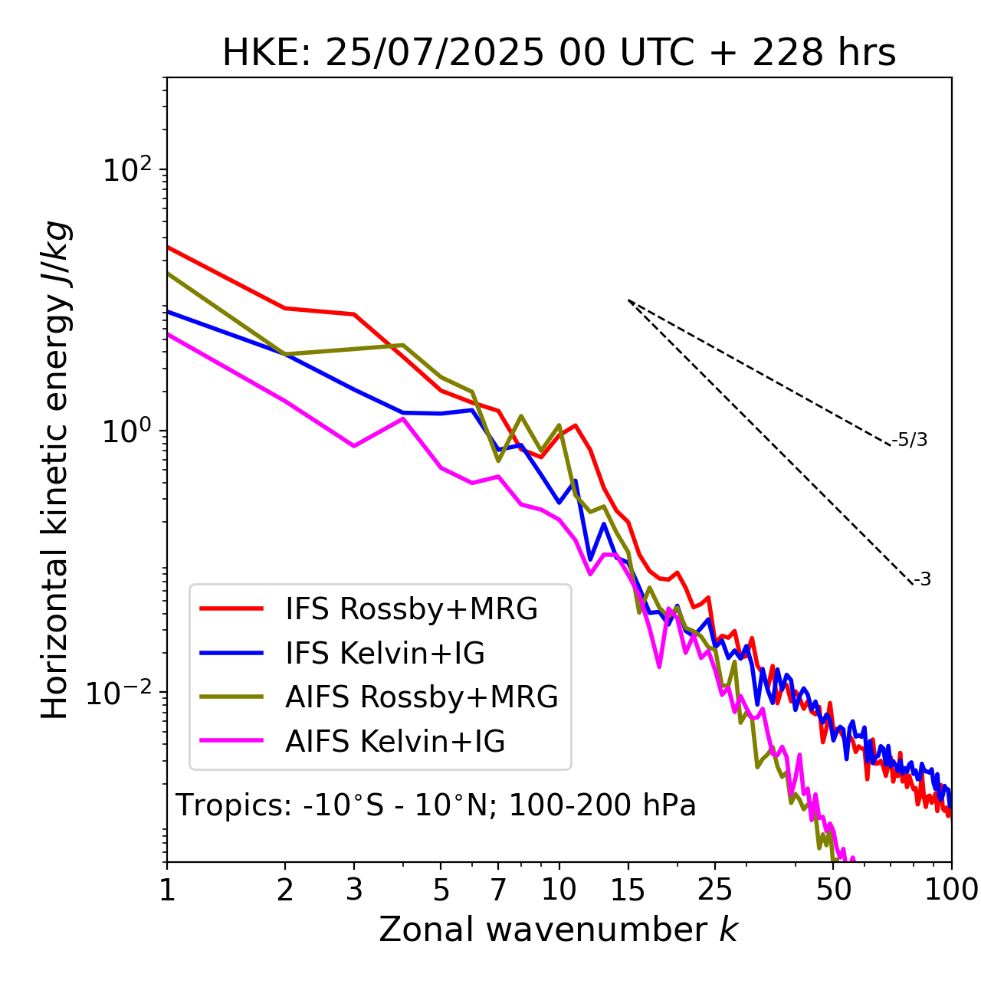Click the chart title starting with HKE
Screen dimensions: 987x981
click(x=559, y=54)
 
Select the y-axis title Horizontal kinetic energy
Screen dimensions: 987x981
click(x=55, y=470)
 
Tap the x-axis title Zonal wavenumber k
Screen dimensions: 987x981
click(x=558, y=930)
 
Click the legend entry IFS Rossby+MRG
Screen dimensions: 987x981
click(x=412, y=609)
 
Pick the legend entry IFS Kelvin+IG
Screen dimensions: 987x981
click(x=385, y=654)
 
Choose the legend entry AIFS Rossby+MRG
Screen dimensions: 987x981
click(x=422, y=697)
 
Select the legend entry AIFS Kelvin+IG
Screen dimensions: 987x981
click(x=395, y=742)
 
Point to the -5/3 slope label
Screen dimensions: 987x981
click(x=910, y=440)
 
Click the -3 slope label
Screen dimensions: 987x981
click(x=922, y=580)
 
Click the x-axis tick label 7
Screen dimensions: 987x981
click(x=498, y=890)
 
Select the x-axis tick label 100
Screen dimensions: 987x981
click(x=951, y=890)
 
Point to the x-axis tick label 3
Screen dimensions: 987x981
click(x=354, y=890)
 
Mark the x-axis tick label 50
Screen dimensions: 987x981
click(x=833, y=890)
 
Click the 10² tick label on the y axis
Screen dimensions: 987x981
click(x=128, y=170)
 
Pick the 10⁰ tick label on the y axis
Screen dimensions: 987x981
click(x=128, y=431)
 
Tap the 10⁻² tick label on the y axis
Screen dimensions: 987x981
click(x=123, y=693)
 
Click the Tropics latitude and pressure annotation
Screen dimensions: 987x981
click(x=435, y=806)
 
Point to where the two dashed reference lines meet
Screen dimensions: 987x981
click(x=628, y=300)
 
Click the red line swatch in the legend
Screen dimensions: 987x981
click(x=231, y=609)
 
